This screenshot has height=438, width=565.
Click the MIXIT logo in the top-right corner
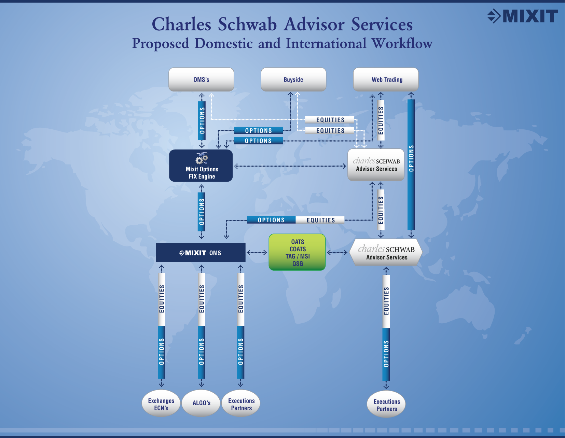523,16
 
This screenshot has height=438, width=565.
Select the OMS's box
201,79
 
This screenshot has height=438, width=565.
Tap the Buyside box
293,79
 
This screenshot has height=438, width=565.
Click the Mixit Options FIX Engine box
201,166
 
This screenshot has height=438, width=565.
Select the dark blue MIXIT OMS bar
201,253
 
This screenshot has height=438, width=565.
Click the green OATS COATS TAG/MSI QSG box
297,252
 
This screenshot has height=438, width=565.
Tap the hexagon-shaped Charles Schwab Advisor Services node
386,253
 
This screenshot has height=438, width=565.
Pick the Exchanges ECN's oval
161,404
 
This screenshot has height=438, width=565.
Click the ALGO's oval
201,403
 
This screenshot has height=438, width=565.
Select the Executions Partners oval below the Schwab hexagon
386,405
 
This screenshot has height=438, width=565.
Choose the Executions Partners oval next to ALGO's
241,404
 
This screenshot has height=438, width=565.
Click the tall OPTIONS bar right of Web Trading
411,164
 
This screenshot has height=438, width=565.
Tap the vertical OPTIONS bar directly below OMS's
202,120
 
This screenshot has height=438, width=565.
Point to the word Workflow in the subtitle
402,43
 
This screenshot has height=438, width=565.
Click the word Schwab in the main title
247,25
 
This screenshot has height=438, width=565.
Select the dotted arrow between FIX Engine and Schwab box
290,166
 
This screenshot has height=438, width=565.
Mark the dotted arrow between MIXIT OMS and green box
257,253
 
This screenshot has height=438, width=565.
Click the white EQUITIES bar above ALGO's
202,299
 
